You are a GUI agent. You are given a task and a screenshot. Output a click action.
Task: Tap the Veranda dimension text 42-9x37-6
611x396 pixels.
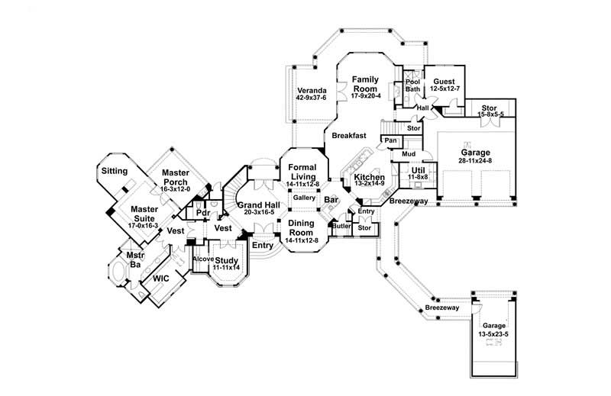point(311,98)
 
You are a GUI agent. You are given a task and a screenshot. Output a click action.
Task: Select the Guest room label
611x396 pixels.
point(444,82)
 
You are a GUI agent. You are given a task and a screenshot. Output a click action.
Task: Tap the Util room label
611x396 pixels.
point(418,171)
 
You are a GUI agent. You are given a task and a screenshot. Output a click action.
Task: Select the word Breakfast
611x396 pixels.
point(348,136)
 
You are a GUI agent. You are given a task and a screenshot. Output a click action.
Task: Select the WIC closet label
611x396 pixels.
point(160,279)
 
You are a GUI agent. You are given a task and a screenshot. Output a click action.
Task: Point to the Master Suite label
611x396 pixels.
point(144,213)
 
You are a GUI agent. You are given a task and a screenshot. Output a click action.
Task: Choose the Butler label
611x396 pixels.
point(341,227)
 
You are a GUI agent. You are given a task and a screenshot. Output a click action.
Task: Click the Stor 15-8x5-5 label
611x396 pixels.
point(490,111)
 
